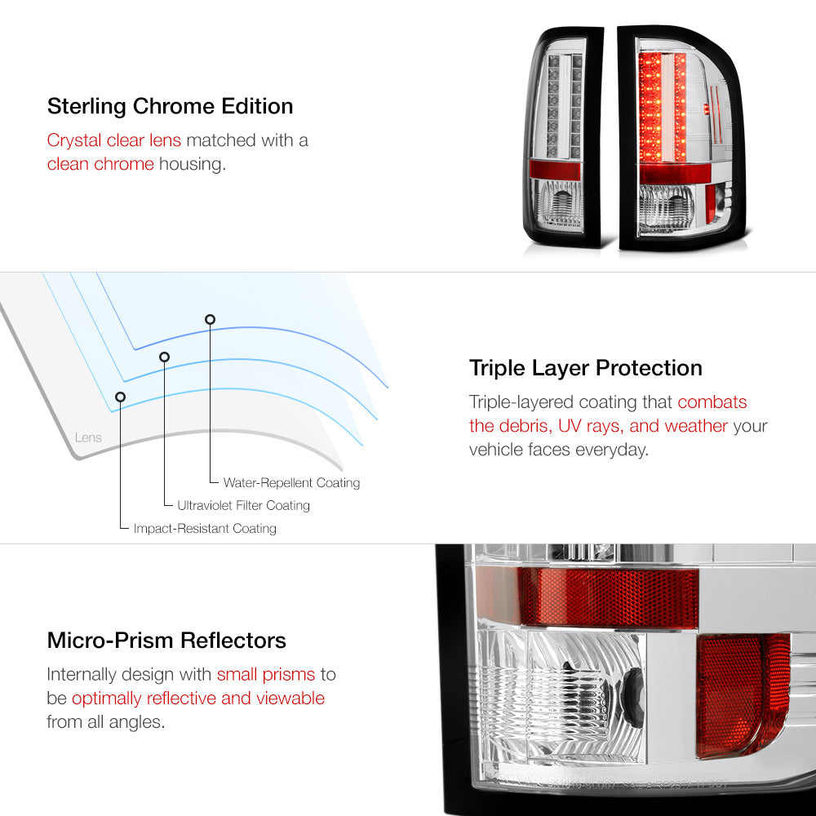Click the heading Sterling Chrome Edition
(171, 106)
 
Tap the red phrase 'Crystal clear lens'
(114, 140)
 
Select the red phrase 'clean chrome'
(100, 164)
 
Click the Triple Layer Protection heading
(585, 369)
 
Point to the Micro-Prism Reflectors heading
(166, 641)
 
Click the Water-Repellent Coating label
(291, 483)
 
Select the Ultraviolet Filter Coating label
(243, 505)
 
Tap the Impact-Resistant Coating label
(205, 529)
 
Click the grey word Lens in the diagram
(88, 437)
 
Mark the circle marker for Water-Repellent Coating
(210, 320)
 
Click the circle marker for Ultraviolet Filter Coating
(165, 357)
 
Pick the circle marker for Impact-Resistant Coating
(120, 397)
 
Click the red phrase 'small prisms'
(266, 675)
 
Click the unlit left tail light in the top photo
(562, 137)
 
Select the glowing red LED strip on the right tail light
(662, 107)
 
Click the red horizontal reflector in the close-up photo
(608, 597)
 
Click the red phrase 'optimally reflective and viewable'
(198, 698)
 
